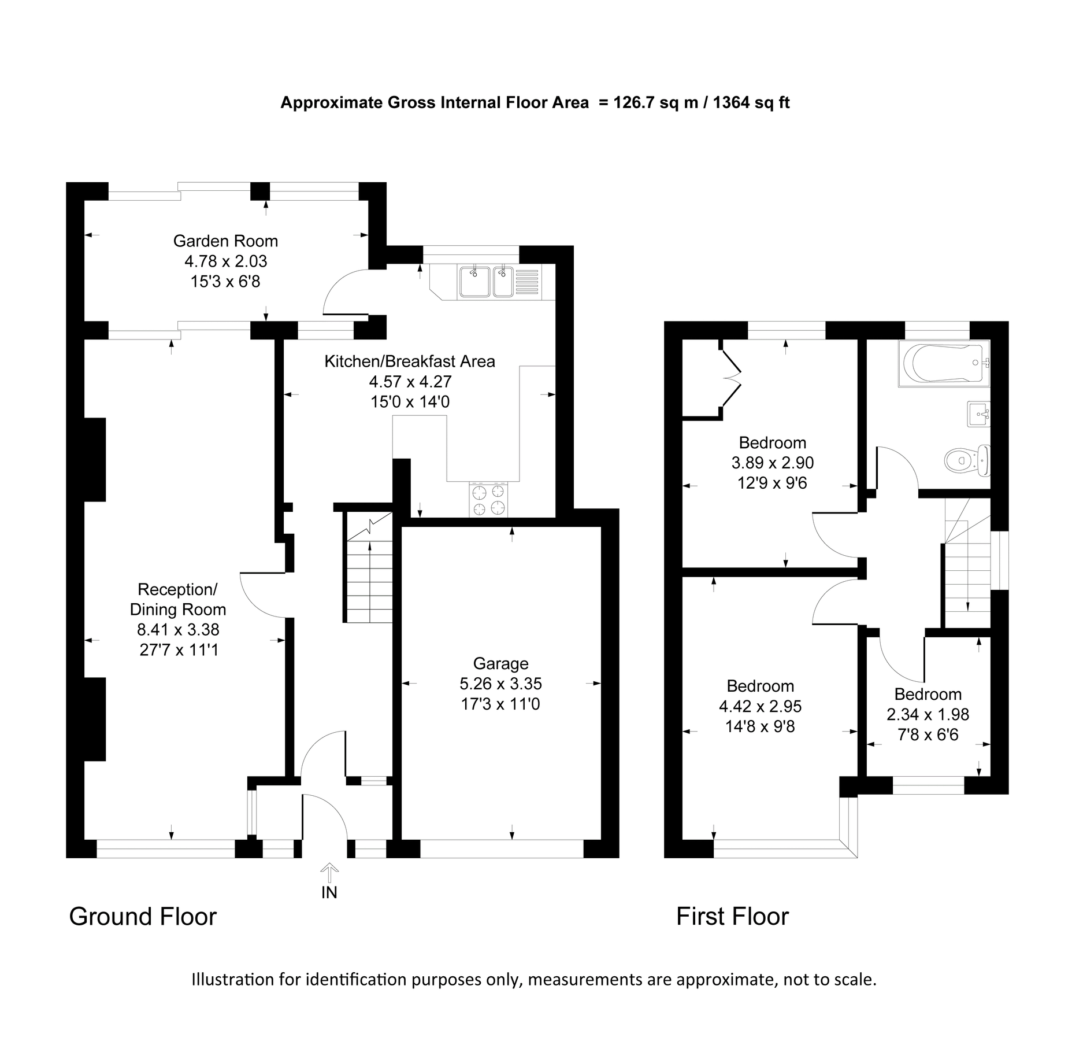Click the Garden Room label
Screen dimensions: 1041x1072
[x=225, y=241]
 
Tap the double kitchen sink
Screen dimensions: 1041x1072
[x=487, y=281]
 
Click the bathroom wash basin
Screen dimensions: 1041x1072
[x=978, y=414]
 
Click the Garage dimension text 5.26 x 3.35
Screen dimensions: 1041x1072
[x=500, y=684]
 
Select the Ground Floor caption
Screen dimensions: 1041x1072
[x=143, y=917]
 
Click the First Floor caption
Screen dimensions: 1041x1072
[x=732, y=917]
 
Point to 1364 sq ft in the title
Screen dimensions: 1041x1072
[x=751, y=103]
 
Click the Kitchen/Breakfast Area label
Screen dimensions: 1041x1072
[x=409, y=361]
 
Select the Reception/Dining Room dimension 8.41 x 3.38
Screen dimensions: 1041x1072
[x=178, y=629]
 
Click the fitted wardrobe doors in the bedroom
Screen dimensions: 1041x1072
[x=732, y=379]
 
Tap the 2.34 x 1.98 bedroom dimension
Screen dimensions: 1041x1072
[x=928, y=714]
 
